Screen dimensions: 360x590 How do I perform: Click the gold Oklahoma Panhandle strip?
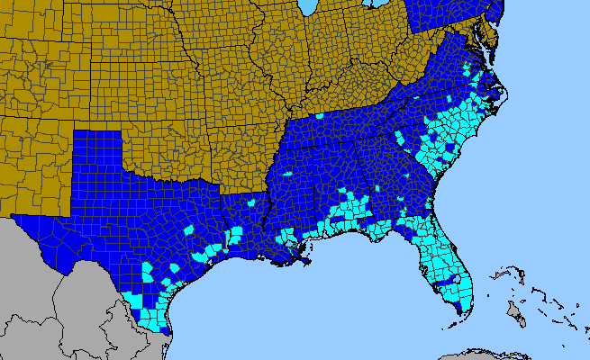[x=95, y=126]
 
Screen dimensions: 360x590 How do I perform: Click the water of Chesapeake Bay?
[x=480, y=45]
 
